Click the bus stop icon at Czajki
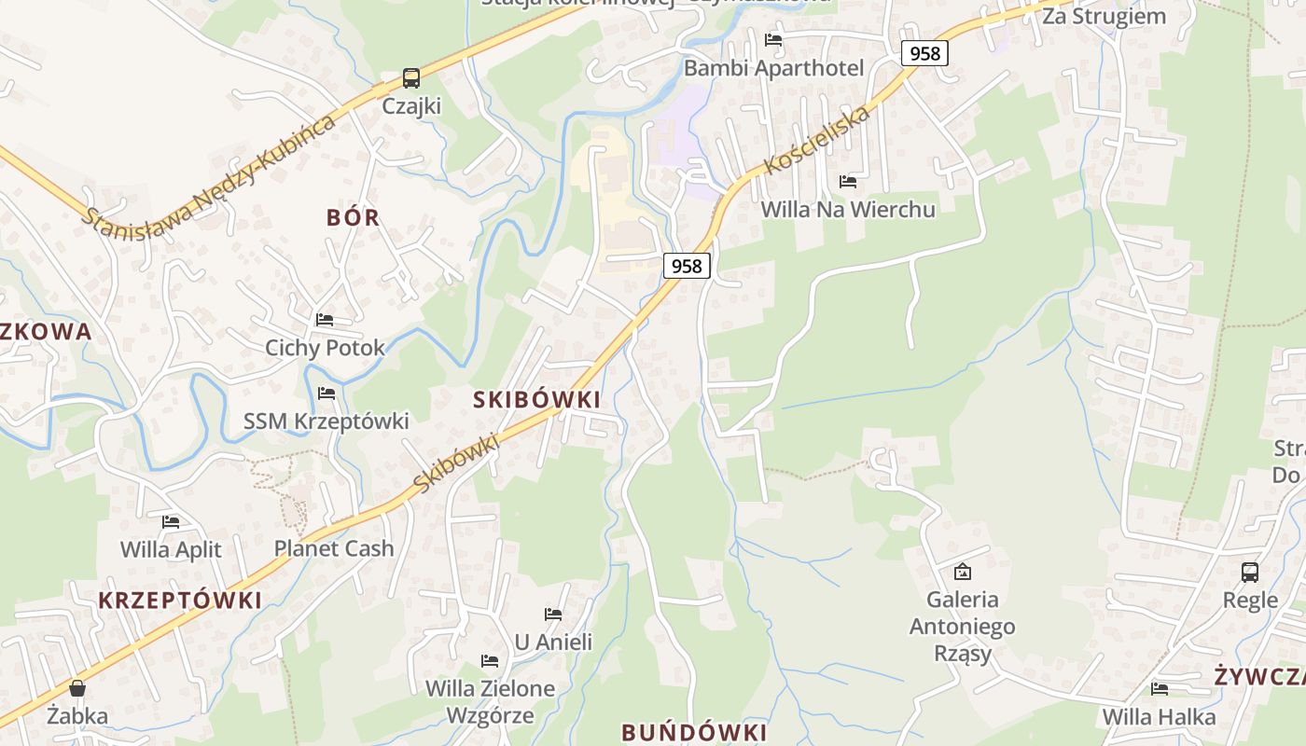[410, 78]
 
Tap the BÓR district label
[354, 217]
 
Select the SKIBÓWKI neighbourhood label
[536, 399]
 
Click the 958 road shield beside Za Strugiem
[924, 53]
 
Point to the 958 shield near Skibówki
[687, 266]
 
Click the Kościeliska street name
[817, 140]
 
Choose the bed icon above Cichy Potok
[325, 320]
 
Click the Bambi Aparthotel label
[774, 68]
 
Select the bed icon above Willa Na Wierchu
[848, 181]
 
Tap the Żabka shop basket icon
[77, 688]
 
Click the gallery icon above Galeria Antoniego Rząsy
[963, 571]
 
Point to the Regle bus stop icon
[1250, 572]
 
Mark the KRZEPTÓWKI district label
[180, 600]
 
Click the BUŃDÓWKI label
[694, 732]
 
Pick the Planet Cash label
[334, 548]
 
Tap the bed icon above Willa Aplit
[171, 521]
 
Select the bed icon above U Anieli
[553, 614]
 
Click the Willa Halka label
[1160, 716]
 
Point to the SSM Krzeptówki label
[326, 421]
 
